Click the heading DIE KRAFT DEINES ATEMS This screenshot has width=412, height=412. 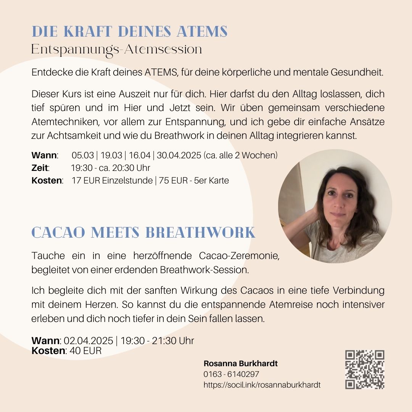129,31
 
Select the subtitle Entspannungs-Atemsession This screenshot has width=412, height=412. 116,50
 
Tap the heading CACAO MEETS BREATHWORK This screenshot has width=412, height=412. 143,232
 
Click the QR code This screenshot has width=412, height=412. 365,369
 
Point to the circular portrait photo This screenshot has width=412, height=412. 335,206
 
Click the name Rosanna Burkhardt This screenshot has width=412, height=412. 241,364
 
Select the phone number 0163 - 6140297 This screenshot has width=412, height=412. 231,374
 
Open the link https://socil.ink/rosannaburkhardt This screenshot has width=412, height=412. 262,385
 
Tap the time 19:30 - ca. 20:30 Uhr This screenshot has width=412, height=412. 111,168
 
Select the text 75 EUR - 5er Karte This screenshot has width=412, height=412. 194,180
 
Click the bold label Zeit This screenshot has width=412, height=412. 40,168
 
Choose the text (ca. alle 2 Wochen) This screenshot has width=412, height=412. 240,156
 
